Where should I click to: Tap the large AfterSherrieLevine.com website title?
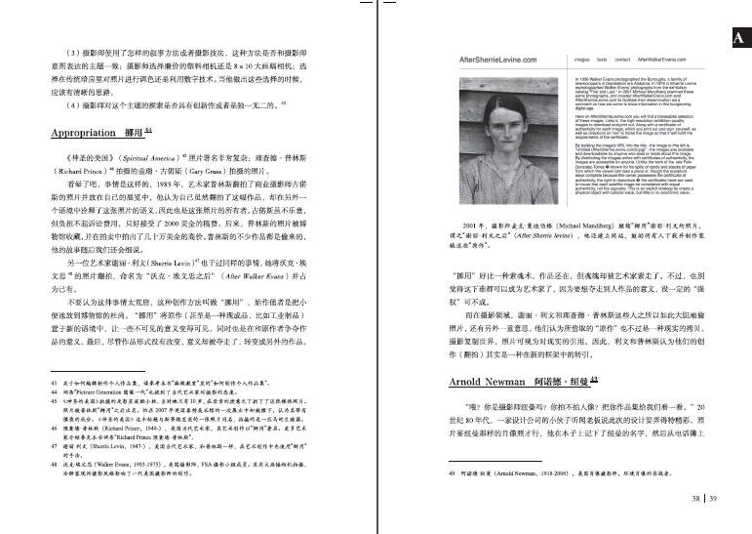pos(507,60)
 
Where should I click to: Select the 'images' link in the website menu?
pos(583,60)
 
